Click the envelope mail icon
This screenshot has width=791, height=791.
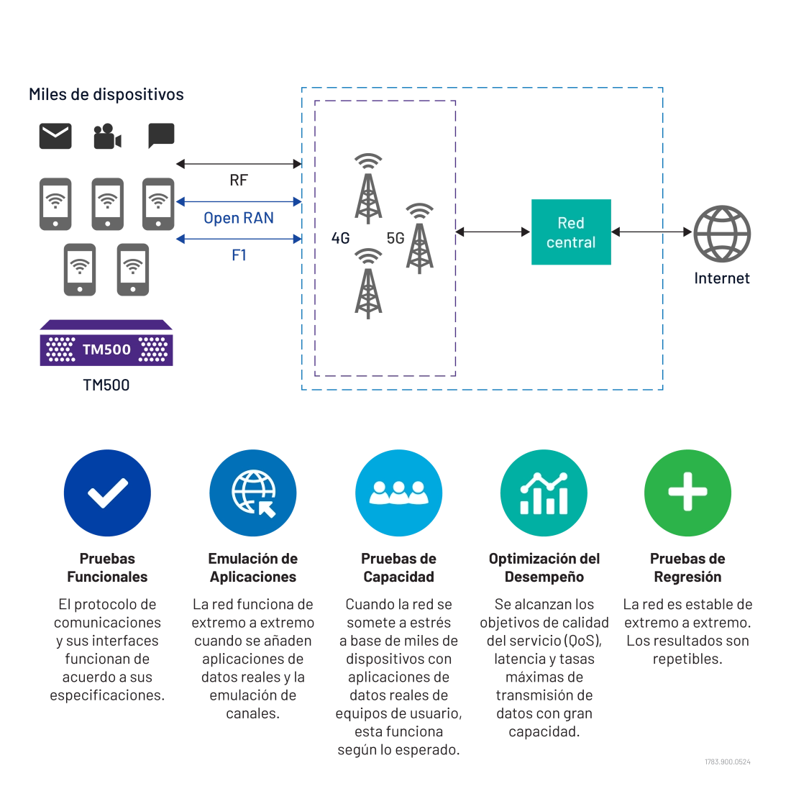(55, 136)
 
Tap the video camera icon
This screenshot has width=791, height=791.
(107, 136)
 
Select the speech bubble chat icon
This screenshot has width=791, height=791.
(161, 135)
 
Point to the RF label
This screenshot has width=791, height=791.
(239, 180)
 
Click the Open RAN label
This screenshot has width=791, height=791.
(239, 218)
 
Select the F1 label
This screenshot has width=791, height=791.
(239, 255)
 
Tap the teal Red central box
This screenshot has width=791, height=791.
(571, 232)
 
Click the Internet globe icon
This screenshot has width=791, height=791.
(722, 234)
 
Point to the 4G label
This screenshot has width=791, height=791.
(341, 238)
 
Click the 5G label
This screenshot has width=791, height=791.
(395, 238)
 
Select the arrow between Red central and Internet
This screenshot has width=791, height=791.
(651, 232)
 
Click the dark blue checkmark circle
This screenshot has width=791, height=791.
(107, 493)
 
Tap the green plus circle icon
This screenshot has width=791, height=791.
(687, 493)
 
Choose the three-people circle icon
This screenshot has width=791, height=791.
(398, 493)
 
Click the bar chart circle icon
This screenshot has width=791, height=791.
(544, 493)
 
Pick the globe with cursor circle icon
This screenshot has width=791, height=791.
(252, 493)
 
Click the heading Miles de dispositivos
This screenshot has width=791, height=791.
(106, 94)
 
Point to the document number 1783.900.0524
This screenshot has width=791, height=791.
(728, 762)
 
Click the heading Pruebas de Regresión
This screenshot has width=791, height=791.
(687, 567)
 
